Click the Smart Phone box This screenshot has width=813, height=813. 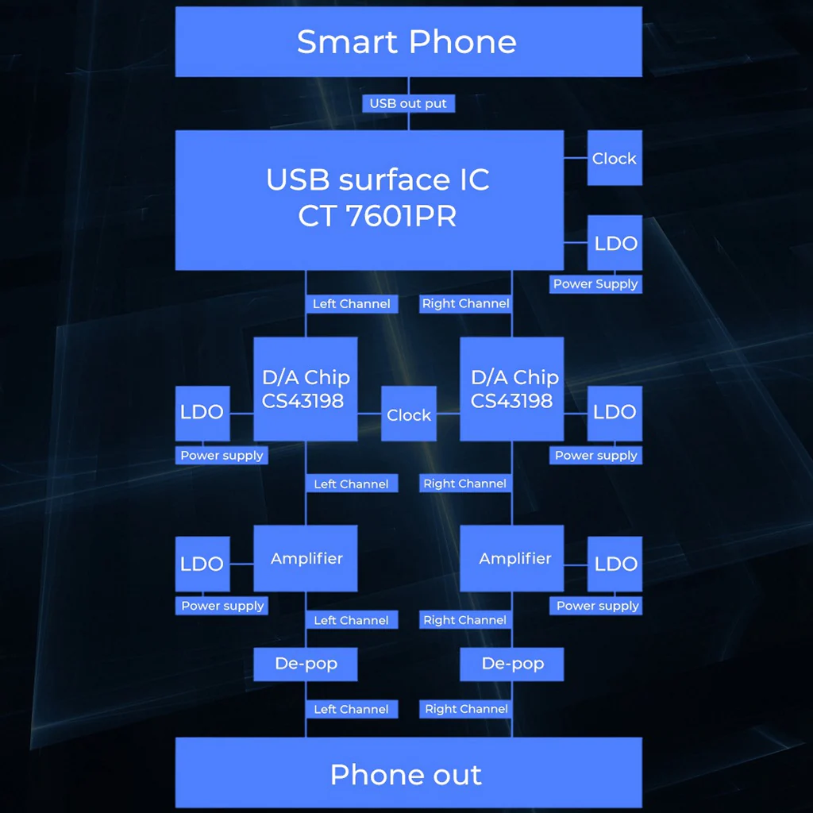click(x=409, y=41)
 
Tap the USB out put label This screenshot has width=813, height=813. click(x=409, y=103)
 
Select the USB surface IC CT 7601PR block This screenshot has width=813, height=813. click(x=369, y=200)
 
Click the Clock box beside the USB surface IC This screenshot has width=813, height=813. click(x=615, y=158)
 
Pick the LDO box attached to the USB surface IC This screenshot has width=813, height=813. click(x=615, y=243)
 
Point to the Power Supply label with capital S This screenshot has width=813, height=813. click(x=595, y=284)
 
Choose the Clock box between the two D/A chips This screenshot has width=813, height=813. click(x=409, y=414)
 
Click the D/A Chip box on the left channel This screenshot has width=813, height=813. click(x=306, y=389)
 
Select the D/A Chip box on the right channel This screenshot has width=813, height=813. click(x=512, y=389)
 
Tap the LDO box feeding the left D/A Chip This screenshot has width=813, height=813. click(x=202, y=413)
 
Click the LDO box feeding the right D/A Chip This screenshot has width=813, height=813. click(x=615, y=413)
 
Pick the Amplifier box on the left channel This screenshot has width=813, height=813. click(x=306, y=558)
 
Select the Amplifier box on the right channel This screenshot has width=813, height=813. click(x=512, y=558)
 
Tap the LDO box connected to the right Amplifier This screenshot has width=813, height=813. click(x=615, y=564)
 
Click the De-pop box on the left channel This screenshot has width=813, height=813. click(x=306, y=665)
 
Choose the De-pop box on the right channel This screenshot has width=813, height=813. click(x=512, y=665)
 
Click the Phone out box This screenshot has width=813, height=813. click(x=409, y=773)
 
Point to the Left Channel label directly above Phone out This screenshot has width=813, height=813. click(x=352, y=709)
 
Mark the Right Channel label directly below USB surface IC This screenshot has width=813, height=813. click(x=465, y=304)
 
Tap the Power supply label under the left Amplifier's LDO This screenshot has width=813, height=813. click(x=222, y=606)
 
